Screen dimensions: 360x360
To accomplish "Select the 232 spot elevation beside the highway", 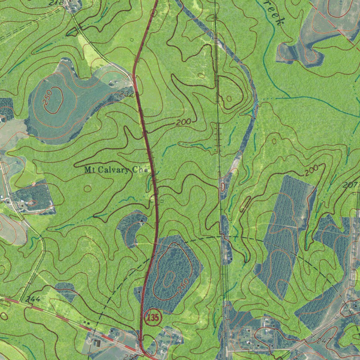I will tap(126, 94).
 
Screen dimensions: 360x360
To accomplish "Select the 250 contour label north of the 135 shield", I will tap(184, 286).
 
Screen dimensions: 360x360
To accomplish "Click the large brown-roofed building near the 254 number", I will tap(96, 342).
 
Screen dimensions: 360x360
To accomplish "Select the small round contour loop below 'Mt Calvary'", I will tap(88, 189).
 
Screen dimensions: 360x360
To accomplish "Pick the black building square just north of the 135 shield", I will tap(140, 291).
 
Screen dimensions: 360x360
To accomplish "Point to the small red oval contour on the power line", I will tap(223, 187).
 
